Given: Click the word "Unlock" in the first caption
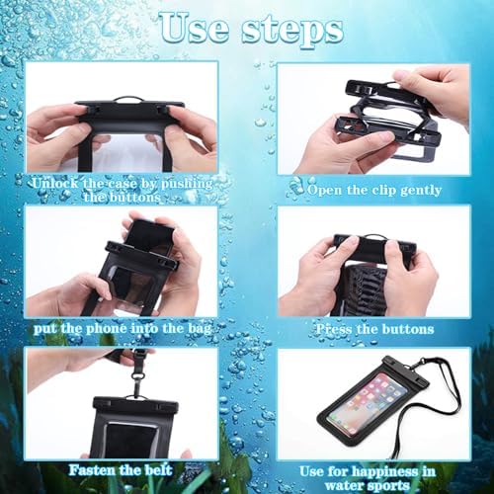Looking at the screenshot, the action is (x=56, y=183).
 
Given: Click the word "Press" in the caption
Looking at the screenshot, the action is (x=334, y=329).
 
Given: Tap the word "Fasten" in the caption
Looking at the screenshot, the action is (x=92, y=470).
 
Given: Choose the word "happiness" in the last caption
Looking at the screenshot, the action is (x=387, y=472).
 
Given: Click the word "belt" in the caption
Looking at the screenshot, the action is (x=159, y=470).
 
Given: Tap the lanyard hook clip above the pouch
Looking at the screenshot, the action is (x=136, y=379).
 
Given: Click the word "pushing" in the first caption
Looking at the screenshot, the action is (x=187, y=184).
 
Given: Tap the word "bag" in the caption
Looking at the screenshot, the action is (x=200, y=330).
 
